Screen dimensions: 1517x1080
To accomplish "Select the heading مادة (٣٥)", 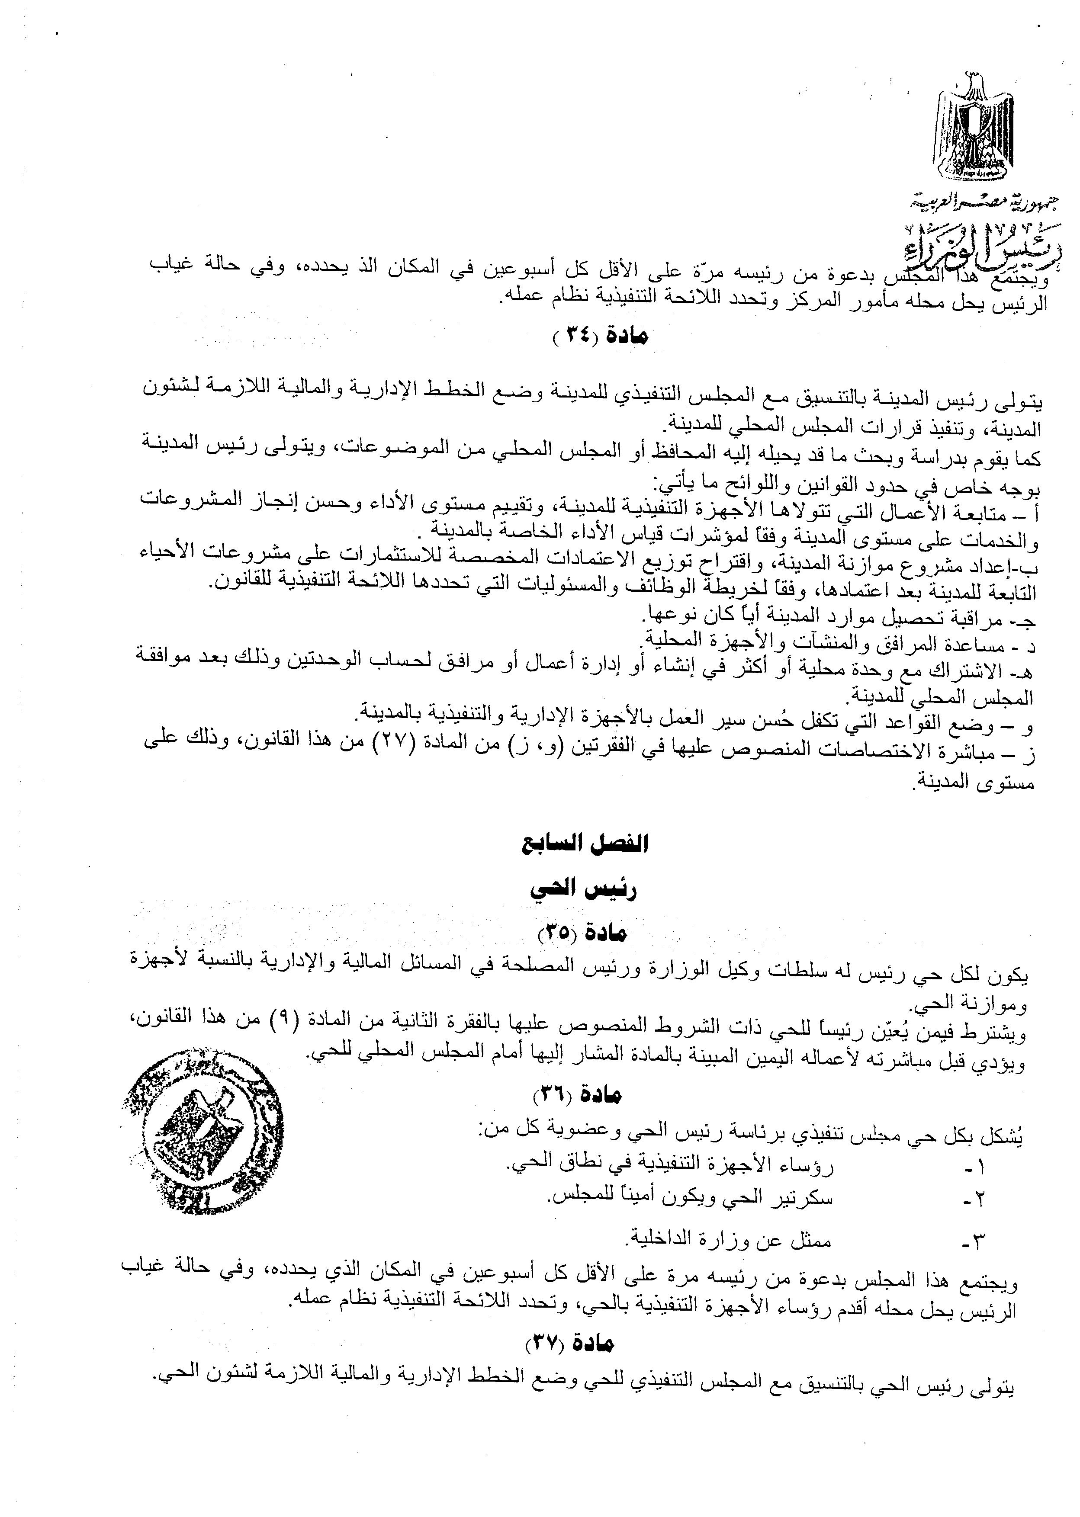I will click(x=582, y=934).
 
